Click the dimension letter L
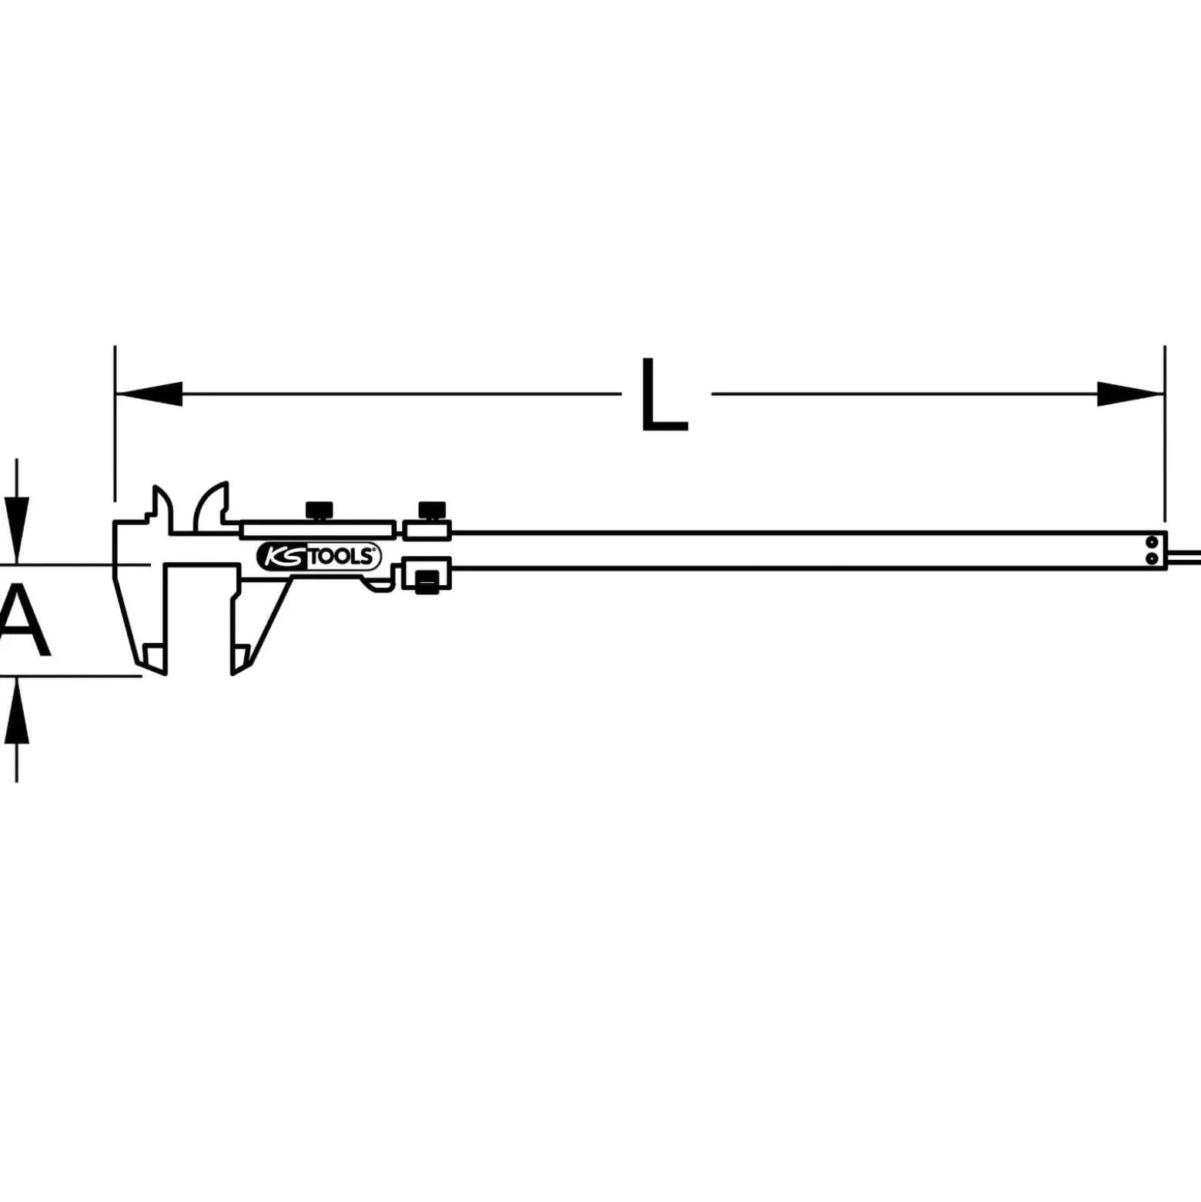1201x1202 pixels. tap(664, 393)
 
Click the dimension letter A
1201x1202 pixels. tap(23, 621)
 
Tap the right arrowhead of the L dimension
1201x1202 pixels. tap(1130, 393)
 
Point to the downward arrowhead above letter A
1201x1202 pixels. tap(17, 531)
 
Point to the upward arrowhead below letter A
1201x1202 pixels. tap(17, 711)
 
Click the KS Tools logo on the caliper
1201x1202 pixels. tap(318, 556)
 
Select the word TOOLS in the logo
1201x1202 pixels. tap(343, 557)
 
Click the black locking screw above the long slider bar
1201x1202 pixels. tap(319, 511)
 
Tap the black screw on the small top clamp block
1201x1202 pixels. tap(432, 511)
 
